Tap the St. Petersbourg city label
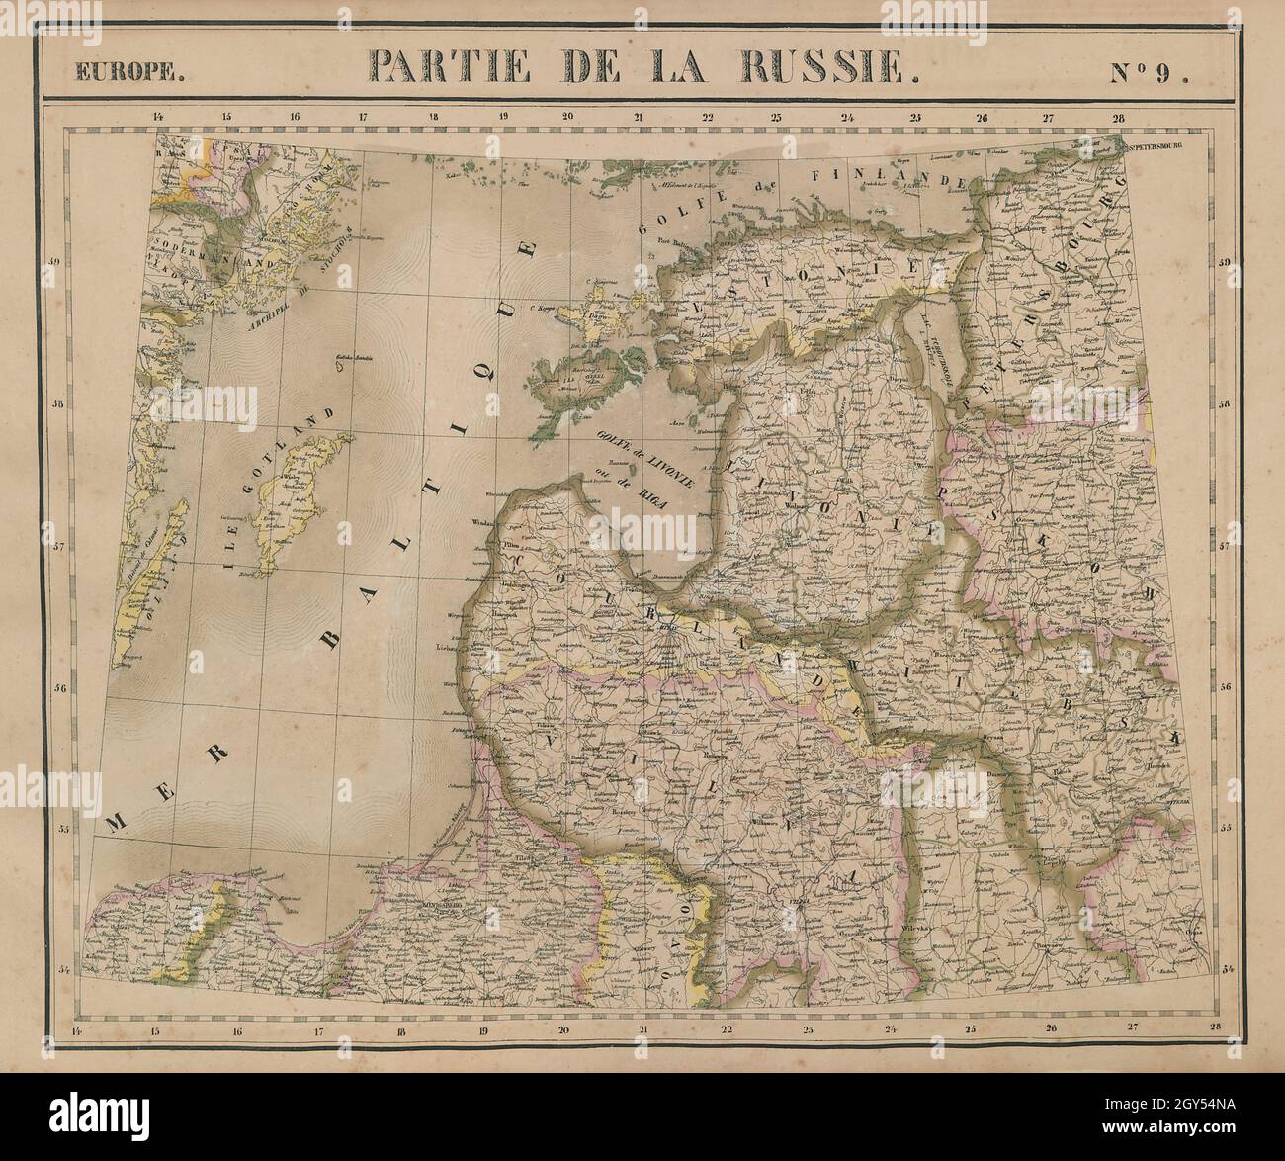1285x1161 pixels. point(1155,145)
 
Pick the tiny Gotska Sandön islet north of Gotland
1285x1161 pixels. point(343,365)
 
